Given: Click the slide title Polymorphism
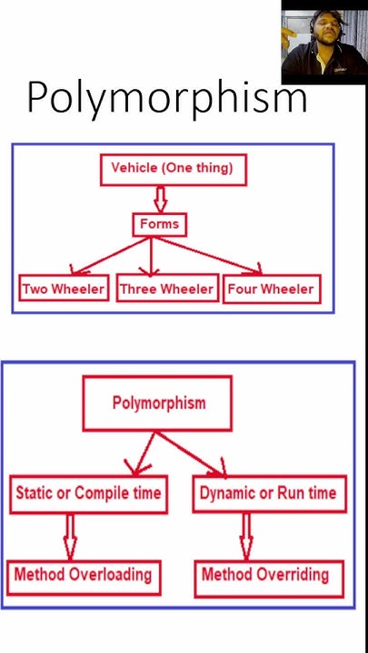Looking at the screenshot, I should (166, 97).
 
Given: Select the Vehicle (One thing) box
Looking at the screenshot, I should (172, 169).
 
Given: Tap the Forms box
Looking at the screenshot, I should (159, 224).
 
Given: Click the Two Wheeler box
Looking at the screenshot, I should (64, 289).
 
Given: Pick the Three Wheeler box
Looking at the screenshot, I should (166, 289).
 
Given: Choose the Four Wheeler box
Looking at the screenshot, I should (270, 289).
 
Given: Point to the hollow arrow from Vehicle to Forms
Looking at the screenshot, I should (161, 199).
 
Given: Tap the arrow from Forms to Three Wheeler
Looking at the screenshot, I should (152, 257).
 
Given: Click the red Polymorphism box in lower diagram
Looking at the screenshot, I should (158, 403).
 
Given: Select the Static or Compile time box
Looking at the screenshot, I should (88, 493).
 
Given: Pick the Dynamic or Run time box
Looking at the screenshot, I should (267, 493).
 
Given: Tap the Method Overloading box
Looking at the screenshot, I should (82, 574).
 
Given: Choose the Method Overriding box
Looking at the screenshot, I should (265, 575).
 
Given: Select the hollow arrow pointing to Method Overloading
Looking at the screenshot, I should (70, 536).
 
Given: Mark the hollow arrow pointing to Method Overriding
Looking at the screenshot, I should (245, 536).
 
